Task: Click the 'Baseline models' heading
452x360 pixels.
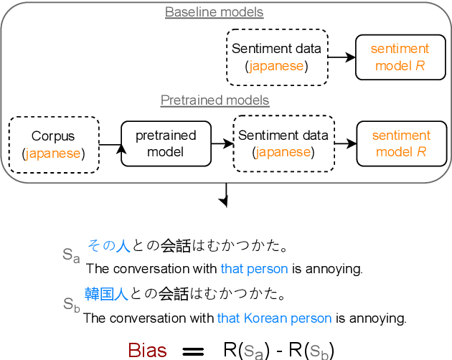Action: click(214, 12)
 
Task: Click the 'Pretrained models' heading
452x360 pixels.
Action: click(215, 100)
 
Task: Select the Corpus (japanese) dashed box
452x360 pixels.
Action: click(53, 145)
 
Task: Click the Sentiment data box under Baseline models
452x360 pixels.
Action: click(277, 57)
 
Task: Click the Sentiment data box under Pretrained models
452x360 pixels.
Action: click(283, 143)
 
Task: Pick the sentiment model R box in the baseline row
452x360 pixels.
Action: click(400, 57)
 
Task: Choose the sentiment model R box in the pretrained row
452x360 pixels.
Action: click(400, 143)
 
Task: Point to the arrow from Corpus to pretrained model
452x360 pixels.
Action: click(110, 146)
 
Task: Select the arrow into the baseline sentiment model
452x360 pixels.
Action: click(342, 57)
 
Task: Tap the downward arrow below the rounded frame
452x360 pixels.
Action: click(226, 196)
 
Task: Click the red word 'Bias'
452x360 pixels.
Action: click(147, 350)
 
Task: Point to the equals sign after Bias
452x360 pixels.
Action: click(193, 351)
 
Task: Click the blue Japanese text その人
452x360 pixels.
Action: click(108, 247)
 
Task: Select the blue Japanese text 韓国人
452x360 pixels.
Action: click(106, 294)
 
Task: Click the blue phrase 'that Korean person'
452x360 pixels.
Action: click(274, 318)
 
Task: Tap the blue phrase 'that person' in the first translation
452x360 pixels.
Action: click(254, 270)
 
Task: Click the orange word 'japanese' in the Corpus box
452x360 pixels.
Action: click(53, 153)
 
